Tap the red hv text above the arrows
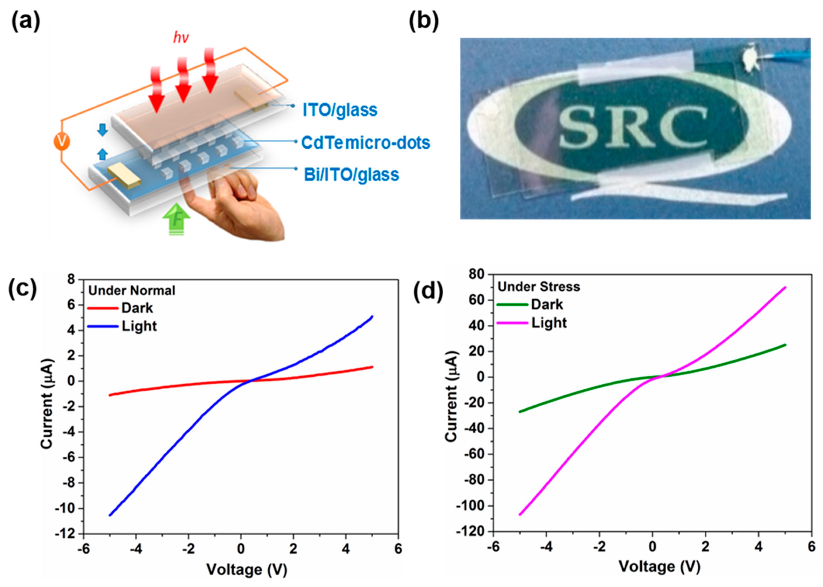181,38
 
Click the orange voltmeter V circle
62,142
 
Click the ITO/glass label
340,110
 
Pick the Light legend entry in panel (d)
549,323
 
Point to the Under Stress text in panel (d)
539,287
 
